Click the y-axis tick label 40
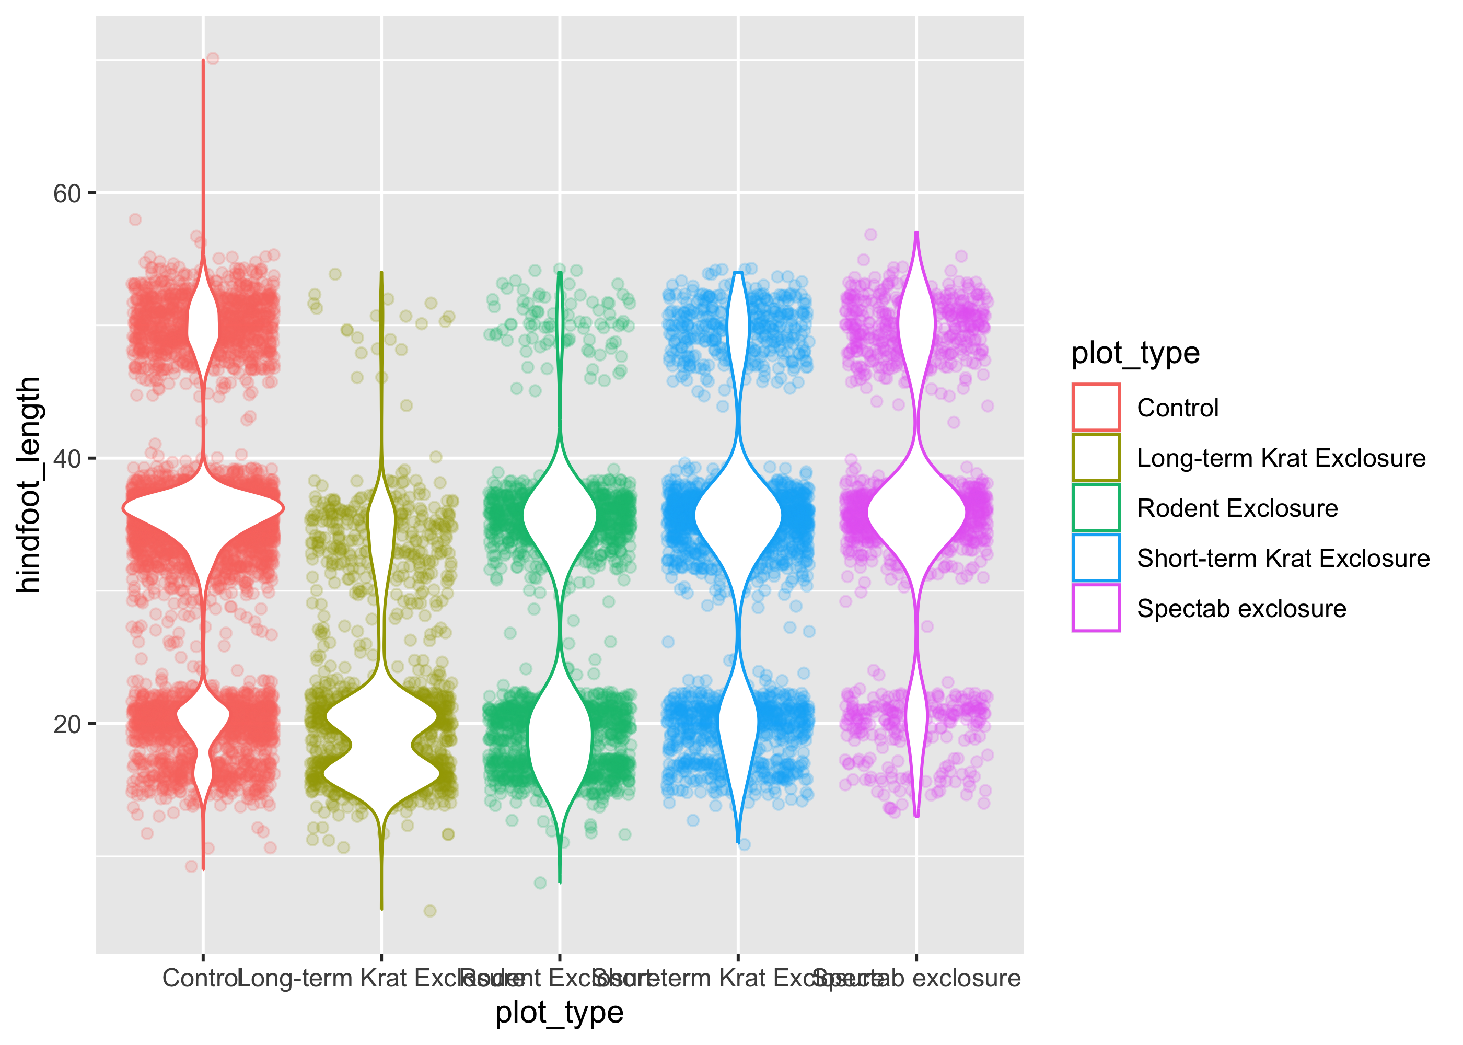click(x=67, y=459)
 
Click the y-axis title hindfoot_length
click(x=28, y=484)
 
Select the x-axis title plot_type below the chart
click(x=559, y=1012)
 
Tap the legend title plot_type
click(x=1135, y=353)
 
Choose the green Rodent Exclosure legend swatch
click(x=1096, y=508)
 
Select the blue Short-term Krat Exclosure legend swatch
click(x=1096, y=558)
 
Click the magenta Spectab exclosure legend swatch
click(x=1096, y=608)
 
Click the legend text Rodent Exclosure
click(x=1237, y=508)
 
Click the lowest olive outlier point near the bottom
click(x=430, y=911)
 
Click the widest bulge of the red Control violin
click(x=203, y=509)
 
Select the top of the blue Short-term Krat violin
click(x=738, y=273)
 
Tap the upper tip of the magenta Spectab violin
click(x=916, y=233)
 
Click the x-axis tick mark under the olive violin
click(x=381, y=957)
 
